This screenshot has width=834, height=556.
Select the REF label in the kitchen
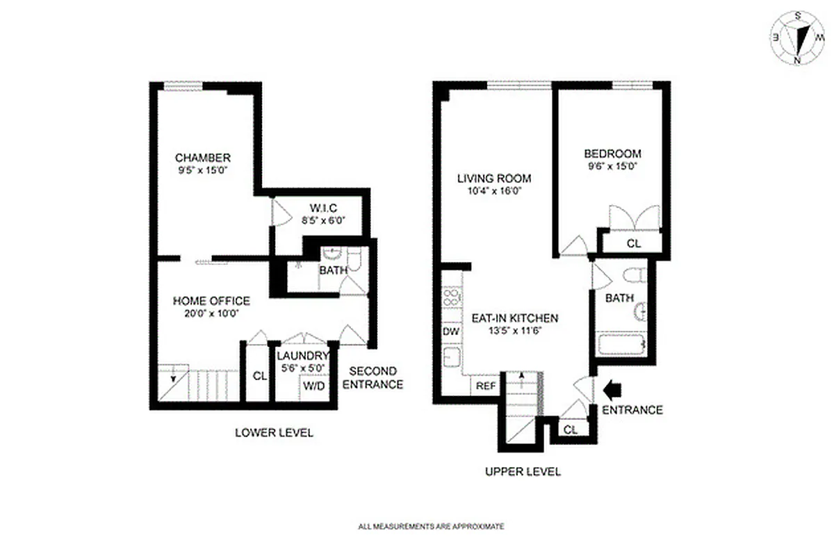pyautogui.click(x=484, y=386)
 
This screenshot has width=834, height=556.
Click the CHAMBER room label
pyautogui.click(x=202, y=158)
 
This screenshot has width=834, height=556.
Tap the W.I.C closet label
pyautogui.click(x=322, y=208)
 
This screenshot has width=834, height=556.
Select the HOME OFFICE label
pyautogui.click(x=211, y=301)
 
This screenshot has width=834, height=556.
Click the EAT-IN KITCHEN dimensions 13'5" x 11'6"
pyautogui.click(x=515, y=331)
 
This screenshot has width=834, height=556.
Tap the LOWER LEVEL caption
pyautogui.click(x=274, y=433)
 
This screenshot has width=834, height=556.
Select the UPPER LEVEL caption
pyautogui.click(x=523, y=472)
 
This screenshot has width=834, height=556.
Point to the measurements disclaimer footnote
pyautogui.click(x=431, y=527)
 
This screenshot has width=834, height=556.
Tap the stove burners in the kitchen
pyautogui.click(x=452, y=300)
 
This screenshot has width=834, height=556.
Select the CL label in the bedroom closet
pyautogui.click(x=633, y=244)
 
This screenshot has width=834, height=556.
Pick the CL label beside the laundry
pyautogui.click(x=259, y=376)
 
